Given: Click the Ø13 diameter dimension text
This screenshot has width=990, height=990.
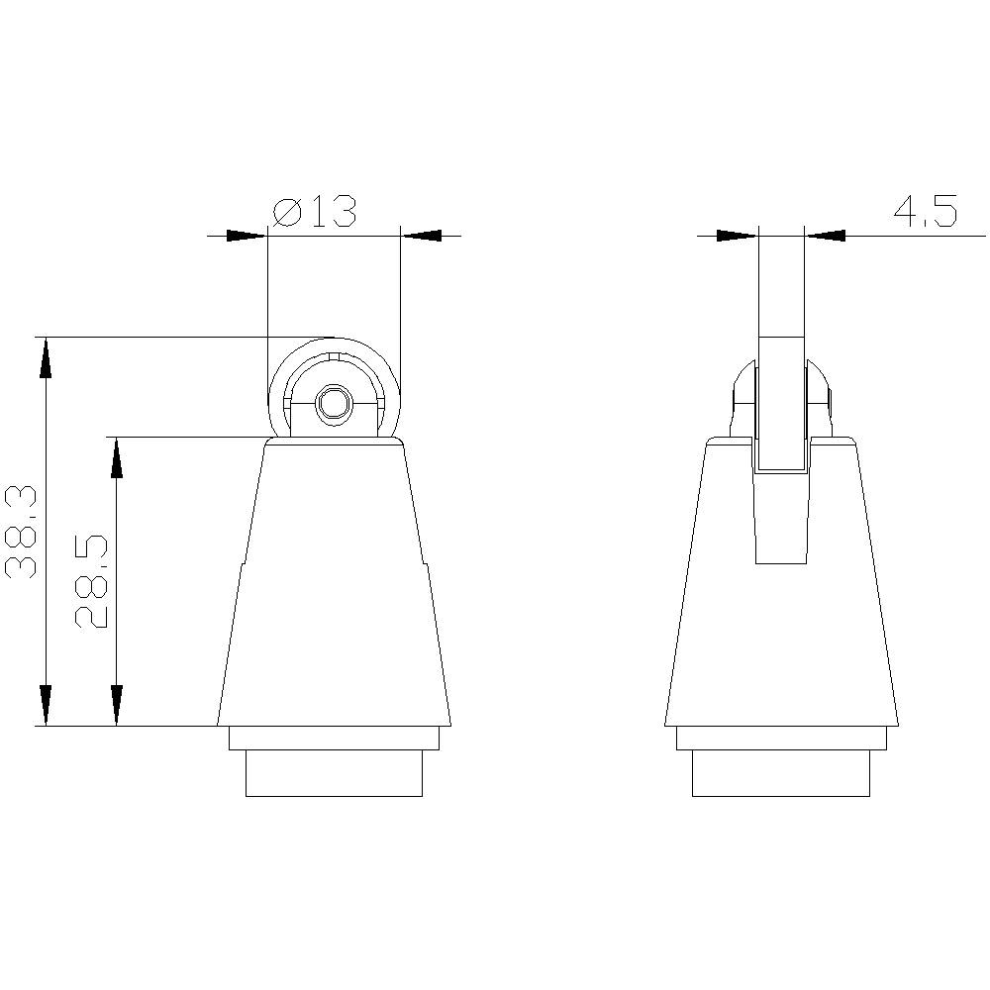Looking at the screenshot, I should point(313,213).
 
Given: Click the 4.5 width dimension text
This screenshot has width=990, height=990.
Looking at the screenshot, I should point(925,213).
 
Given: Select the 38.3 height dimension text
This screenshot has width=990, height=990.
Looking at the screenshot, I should point(22,532).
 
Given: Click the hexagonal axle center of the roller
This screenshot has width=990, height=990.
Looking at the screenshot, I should point(333,404).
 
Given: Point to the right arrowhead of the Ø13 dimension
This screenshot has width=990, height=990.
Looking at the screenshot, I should point(422,236).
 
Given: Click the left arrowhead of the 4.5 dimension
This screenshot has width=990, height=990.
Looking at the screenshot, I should point(737,236).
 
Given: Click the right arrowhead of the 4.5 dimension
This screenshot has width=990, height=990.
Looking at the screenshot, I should point(827,236).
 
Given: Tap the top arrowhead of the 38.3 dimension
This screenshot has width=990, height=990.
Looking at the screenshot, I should point(44,357).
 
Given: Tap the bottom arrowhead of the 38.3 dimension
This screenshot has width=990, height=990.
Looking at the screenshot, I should point(44,705).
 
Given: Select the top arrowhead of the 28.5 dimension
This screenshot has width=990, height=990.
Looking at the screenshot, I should point(117,457).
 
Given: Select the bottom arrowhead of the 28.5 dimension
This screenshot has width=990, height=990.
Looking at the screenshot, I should point(117,705).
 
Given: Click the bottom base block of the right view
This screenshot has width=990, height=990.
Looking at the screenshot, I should point(781,772).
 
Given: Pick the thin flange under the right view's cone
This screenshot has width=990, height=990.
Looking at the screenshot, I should point(781,738).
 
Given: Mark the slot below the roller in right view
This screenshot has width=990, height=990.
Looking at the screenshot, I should point(781,520).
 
